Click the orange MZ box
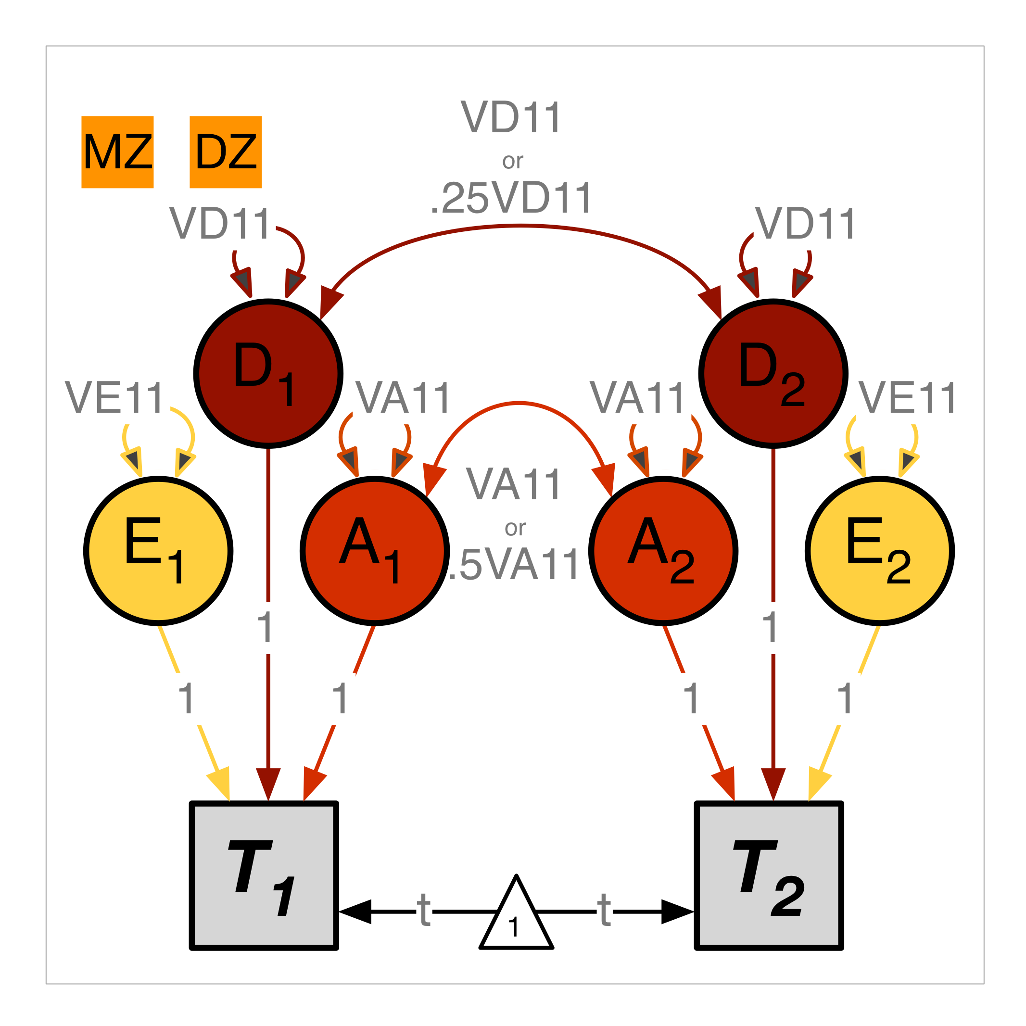(117, 152)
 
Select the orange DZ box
(226, 152)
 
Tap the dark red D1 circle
(268, 374)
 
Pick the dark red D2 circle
(773, 374)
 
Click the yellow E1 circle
(158, 551)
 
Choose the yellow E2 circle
(880, 551)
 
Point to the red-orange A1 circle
(375, 551)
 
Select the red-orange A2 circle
(663, 551)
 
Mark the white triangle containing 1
(516, 919)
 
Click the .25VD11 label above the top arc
(511, 199)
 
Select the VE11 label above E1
(114, 398)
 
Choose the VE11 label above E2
(908, 398)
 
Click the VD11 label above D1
(220, 224)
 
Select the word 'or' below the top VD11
(512, 161)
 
